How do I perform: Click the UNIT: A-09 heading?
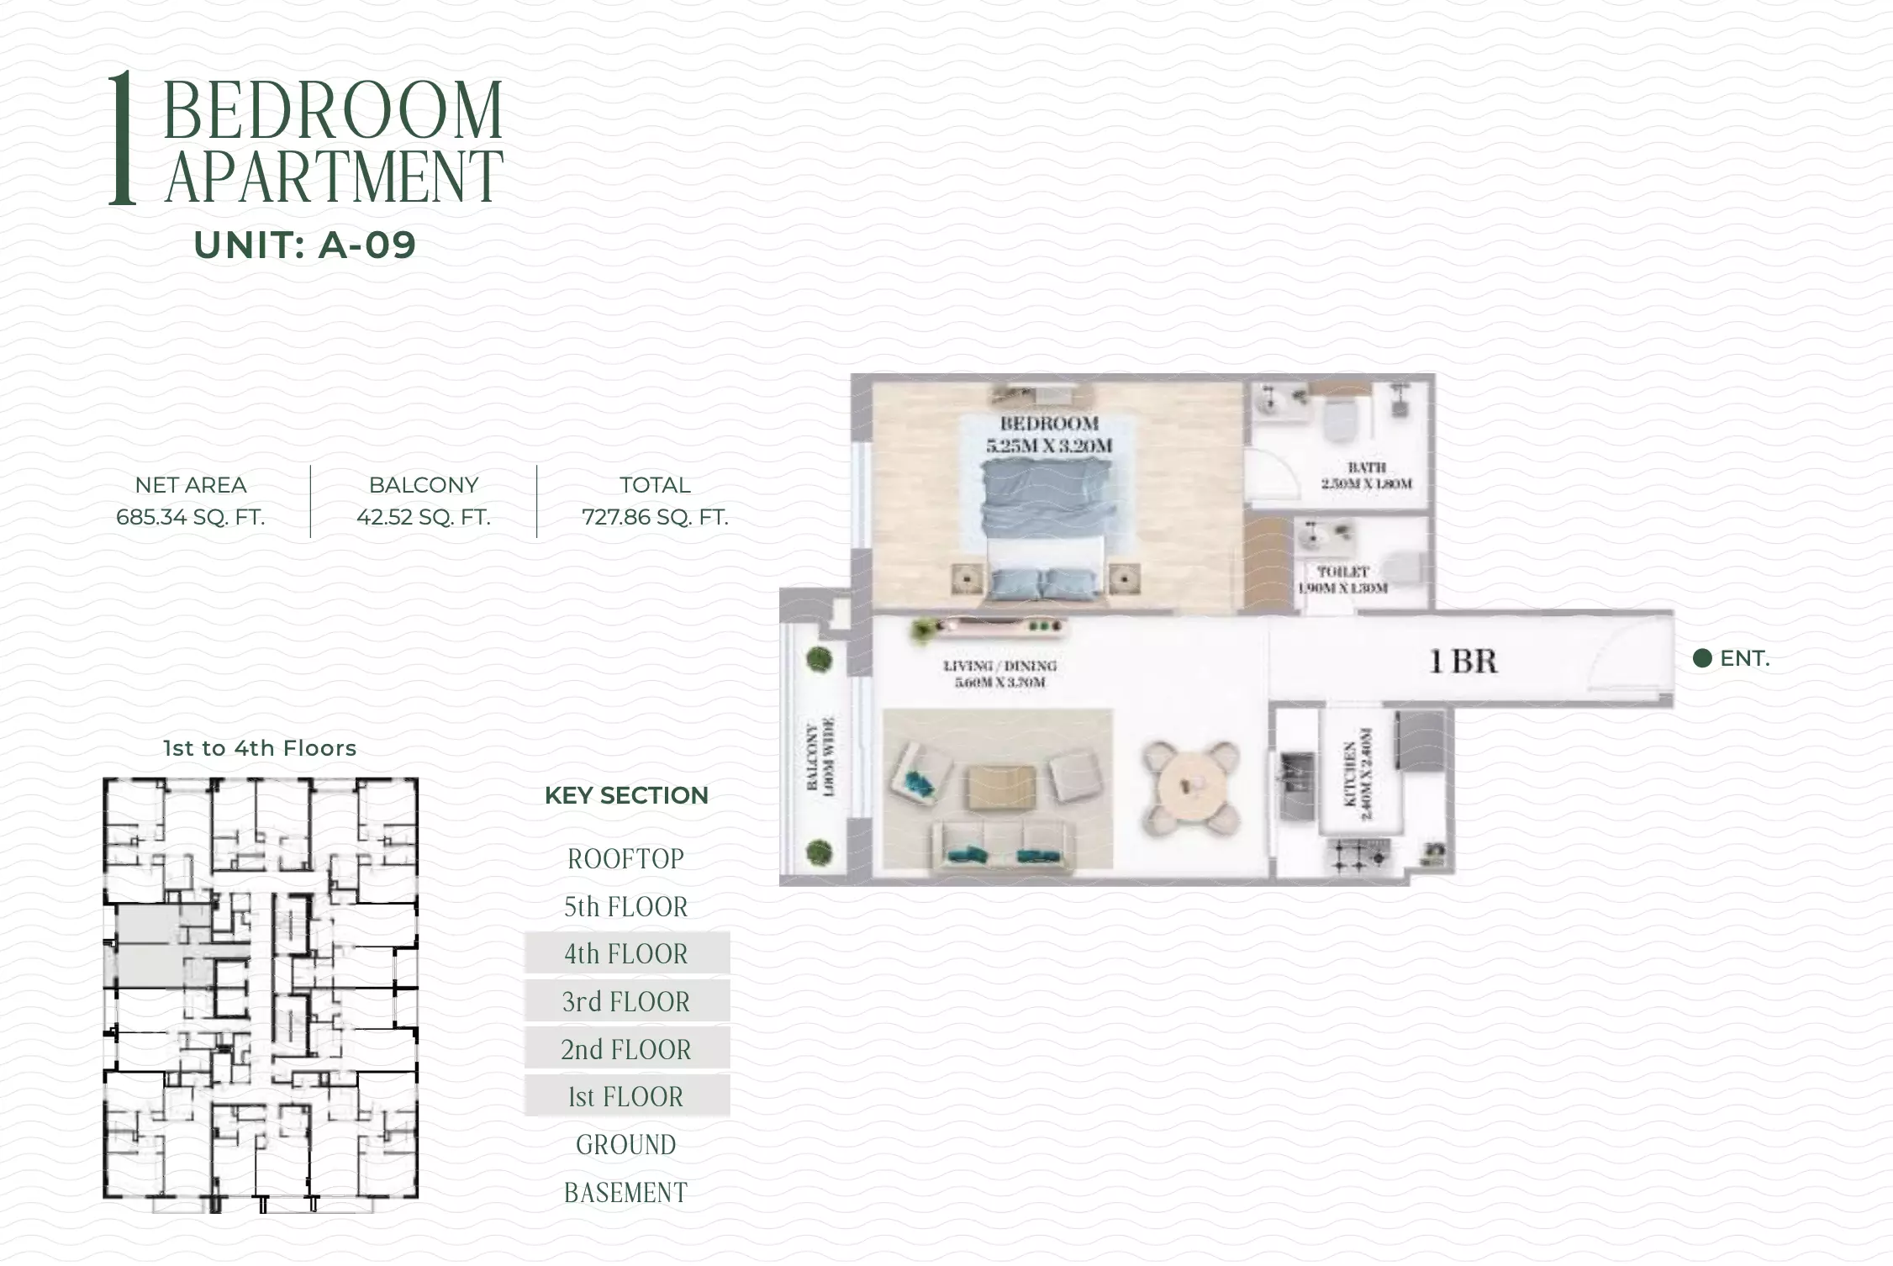coord(304,245)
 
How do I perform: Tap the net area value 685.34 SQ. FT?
coord(191,517)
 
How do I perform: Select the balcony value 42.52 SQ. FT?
coord(424,517)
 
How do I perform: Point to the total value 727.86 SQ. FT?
coord(655,517)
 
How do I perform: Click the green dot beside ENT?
coord(1702,658)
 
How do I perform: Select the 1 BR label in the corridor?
coord(1463,662)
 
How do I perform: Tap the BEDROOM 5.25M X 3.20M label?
coord(1049,435)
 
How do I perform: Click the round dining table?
coord(1190,787)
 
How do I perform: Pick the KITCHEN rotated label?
coord(1358,774)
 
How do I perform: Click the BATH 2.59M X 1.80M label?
coord(1366,475)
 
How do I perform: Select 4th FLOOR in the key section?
coord(626,954)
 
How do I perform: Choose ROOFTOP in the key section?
coord(626,859)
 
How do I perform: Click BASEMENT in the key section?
coord(626,1192)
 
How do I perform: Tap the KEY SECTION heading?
coord(626,795)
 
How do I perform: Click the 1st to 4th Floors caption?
coord(260,748)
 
